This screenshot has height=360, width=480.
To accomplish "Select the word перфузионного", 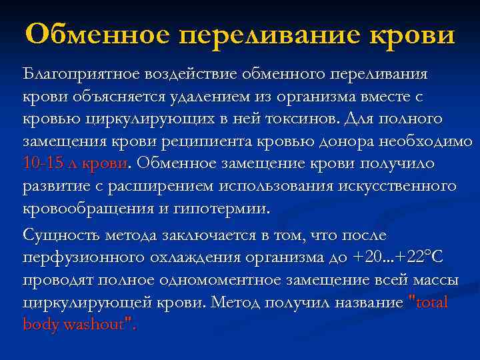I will pos(77,257).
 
